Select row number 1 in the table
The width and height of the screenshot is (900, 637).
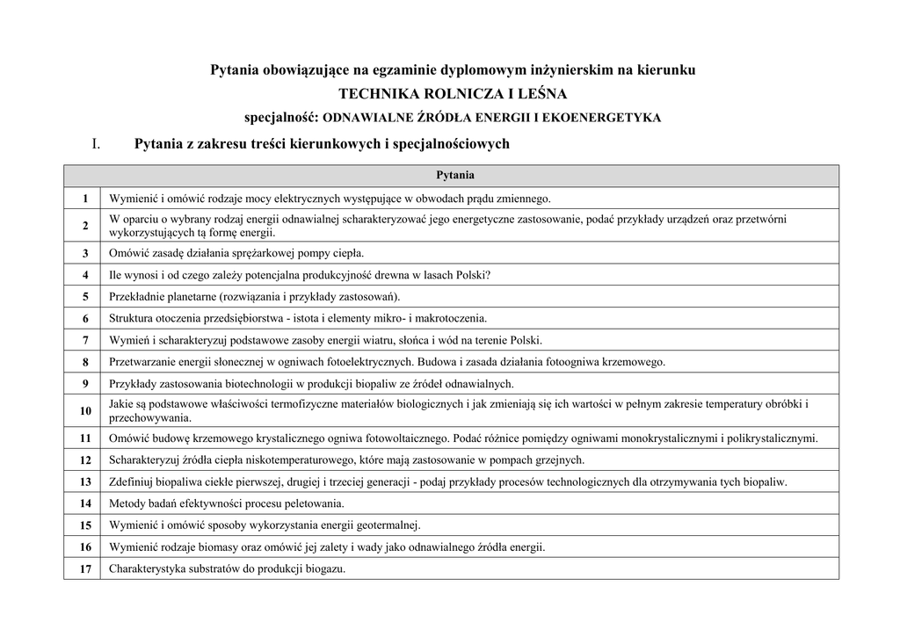click(x=85, y=199)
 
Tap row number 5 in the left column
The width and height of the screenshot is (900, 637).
click(x=85, y=296)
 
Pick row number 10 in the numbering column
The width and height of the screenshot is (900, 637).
click(x=85, y=410)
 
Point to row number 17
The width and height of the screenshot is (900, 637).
click(x=85, y=568)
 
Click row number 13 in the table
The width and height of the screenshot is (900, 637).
click(x=85, y=481)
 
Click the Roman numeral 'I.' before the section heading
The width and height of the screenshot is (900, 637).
click(x=98, y=143)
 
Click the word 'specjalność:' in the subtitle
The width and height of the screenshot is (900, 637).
click(x=282, y=117)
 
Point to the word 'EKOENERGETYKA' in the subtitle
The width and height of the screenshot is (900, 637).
click(x=611, y=118)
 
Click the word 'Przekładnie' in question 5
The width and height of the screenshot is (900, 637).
click(x=136, y=296)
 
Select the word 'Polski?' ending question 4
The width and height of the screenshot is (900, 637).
click(x=473, y=274)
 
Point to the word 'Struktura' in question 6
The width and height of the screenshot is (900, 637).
click(x=131, y=318)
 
